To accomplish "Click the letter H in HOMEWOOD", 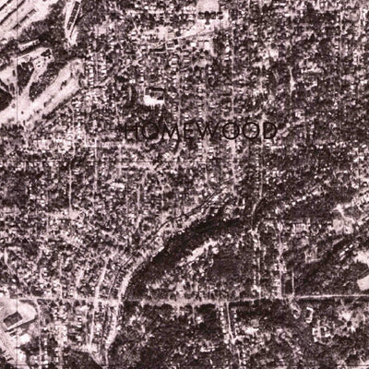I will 132,131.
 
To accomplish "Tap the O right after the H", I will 149,131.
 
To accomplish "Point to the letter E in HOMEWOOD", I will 188,131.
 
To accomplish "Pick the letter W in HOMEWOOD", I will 207,131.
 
